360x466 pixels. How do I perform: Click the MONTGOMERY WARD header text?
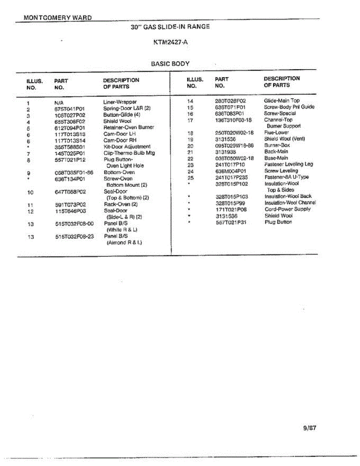coord(57,17)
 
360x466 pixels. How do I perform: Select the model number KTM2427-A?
coord(170,42)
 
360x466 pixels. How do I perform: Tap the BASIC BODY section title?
coord(170,64)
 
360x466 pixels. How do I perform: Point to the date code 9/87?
coord(310,428)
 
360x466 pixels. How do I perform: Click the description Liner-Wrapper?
coord(120,102)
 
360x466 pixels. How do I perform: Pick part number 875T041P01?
coord(70,109)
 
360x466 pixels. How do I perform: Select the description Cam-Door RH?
coord(120,140)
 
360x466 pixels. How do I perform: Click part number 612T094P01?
coord(70,128)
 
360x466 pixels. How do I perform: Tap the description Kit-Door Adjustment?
coord(127,146)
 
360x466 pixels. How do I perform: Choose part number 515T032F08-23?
coord(74,236)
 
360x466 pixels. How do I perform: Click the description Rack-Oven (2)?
coord(121,204)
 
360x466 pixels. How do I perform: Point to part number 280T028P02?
coord(230,101)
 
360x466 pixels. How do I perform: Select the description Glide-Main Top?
coord(282,101)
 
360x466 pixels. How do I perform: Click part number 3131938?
coord(226,151)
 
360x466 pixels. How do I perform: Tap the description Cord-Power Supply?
coord(287,209)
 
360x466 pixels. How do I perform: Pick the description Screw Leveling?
coord(281,170)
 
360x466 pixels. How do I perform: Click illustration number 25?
coord(190,177)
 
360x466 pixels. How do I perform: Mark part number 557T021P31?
coord(231,222)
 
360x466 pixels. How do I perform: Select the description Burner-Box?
coord(277,145)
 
